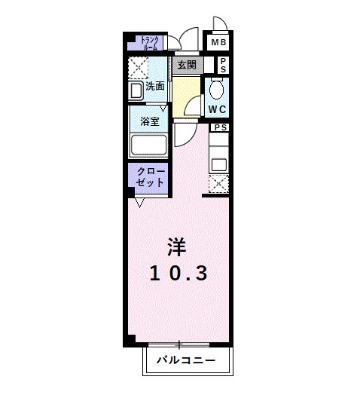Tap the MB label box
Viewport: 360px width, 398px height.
coord(218,42)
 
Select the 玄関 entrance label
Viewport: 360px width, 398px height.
coord(187,66)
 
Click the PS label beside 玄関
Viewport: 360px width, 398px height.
coord(223,66)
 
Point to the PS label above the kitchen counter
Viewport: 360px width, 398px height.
coord(220,127)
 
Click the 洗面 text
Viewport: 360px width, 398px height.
coord(155,86)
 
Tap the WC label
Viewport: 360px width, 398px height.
coord(218,109)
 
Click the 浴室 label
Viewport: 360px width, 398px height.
coord(148,120)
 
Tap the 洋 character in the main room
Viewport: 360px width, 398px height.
coord(175,246)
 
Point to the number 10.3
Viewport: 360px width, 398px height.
coord(177,273)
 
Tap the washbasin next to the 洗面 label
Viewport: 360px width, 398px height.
coord(136,91)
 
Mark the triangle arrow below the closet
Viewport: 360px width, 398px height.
coord(140,202)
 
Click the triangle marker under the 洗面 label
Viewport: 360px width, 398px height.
coord(161,109)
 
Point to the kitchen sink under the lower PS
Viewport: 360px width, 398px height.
coord(218,161)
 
